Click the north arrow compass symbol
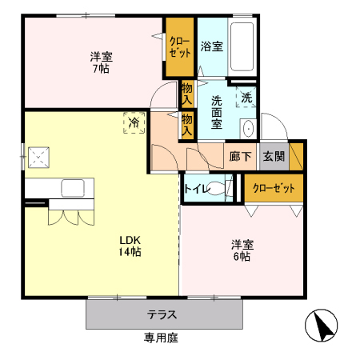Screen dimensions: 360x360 [322, 326]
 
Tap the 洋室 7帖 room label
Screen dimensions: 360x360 [101, 62]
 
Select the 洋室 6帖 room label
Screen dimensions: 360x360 [242, 250]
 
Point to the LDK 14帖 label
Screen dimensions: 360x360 [130, 246]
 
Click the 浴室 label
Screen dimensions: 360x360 [212, 46]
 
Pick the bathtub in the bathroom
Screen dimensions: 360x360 [242, 47]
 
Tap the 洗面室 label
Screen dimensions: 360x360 [217, 112]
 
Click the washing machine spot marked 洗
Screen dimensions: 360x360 [246, 98]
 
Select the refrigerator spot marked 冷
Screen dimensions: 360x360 [134, 122]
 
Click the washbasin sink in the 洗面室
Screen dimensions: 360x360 [249, 129]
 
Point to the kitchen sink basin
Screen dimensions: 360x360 [73, 188]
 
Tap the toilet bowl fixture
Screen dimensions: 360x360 [217, 188]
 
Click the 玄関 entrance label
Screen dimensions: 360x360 [274, 156]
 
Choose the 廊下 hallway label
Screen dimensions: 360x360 [240, 157]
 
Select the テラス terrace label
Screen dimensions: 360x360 [162, 314]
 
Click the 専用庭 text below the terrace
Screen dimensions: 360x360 [161, 338]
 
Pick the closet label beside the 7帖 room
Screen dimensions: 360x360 [180, 47]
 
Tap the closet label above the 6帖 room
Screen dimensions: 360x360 [274, 188]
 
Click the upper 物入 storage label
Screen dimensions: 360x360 [187, 94]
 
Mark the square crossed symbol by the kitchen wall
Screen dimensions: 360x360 [38, 158]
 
